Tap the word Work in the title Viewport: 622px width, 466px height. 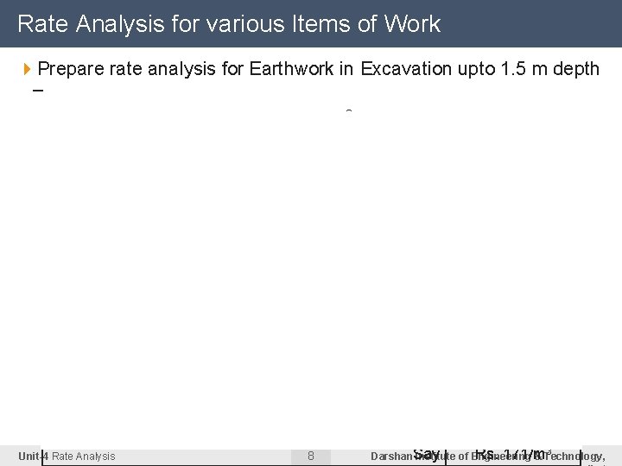point(413,24)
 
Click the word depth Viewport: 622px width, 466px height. point(575,69)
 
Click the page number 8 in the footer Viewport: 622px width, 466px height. point(311,456)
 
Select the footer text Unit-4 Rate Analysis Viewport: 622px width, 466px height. point(67,456)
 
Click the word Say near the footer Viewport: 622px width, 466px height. point(427,453)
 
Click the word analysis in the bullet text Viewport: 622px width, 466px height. point(176,69)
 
